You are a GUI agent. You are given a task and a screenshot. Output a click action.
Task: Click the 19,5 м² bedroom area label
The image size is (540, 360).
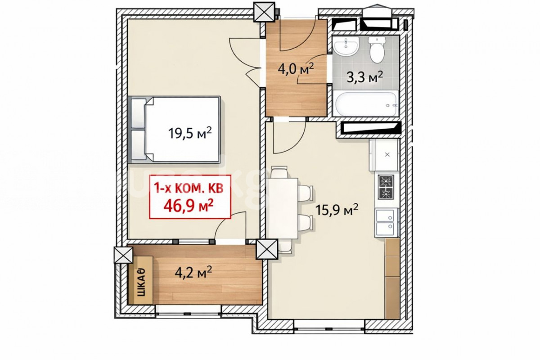click(x=190, y=133)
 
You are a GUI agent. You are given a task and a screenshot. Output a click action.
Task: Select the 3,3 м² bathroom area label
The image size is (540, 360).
click(x=365, y=77)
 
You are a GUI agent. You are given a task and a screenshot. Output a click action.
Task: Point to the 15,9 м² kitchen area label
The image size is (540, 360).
click(x=337, y=210)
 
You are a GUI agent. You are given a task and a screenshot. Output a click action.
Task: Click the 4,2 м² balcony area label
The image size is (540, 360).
click(x=193, y=272)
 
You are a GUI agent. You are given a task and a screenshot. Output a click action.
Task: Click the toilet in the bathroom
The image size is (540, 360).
click(x=377, y=49)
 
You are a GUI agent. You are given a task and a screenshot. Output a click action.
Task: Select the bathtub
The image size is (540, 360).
click(x=366, y=104)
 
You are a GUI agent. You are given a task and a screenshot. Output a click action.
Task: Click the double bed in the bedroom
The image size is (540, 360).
click(x=175, y=130)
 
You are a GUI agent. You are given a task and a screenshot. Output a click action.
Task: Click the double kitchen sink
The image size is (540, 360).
click(x=387, y=222)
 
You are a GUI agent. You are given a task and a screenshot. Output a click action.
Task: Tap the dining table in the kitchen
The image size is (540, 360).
click(x=282, y=208)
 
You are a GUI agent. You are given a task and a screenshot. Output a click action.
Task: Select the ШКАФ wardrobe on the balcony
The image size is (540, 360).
click(x=141, y=280)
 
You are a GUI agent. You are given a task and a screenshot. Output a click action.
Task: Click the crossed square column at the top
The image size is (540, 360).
click(x=265, y=12)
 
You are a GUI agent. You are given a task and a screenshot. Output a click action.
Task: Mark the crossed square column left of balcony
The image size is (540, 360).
click(x=123, y=255)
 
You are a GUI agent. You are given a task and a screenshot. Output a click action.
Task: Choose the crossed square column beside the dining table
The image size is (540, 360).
click(x=267, y=249)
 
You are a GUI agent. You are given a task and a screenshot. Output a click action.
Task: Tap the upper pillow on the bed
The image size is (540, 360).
click(x=139, y=113)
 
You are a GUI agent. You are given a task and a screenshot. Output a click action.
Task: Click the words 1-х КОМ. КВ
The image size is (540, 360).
click(x=189, y=188)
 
